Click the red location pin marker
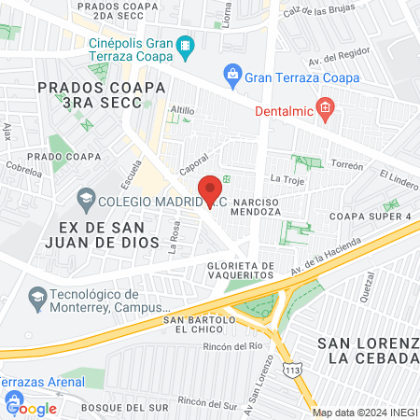coord(211,190)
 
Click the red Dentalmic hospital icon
coord(325,108)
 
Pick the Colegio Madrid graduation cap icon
coord(85,198)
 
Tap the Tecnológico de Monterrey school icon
coord(37,297)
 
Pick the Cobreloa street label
coord(23,172)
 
